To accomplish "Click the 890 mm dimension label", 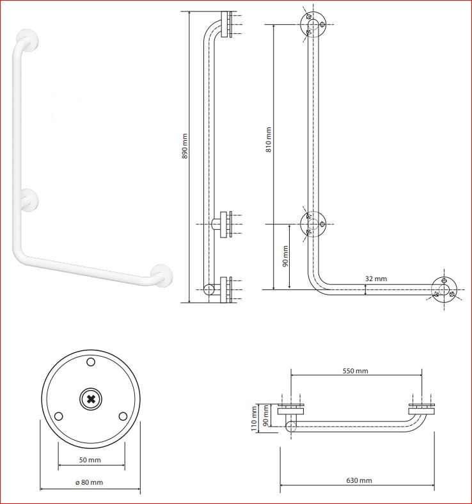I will (185, 145).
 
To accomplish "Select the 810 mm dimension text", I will (269, 139).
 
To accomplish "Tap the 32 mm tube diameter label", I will (376, 279).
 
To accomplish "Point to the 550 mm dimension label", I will (356, 371).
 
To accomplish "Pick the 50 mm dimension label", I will (90, 460).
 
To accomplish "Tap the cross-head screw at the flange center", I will (91, 400).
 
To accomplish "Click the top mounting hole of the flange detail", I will (91, 362).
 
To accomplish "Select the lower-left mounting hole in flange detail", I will (59, 416).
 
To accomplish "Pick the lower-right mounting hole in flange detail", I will (123, 416).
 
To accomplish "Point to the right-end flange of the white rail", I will (162, 276).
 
